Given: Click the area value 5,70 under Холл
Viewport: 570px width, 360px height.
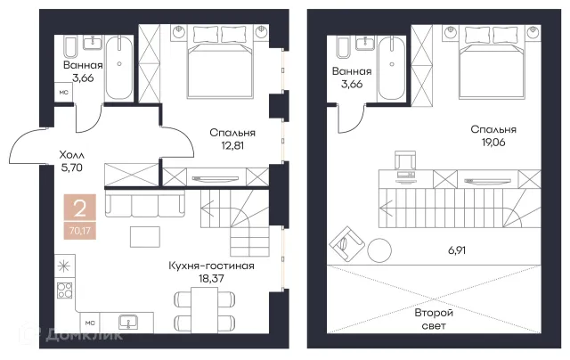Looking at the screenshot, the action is (x=72, y=168).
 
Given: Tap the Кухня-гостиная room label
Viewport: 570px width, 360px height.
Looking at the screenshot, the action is (x=211, y=266).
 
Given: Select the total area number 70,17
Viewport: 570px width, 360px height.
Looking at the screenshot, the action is (x=80, y=230).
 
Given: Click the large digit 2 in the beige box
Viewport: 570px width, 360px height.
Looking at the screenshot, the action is (x=80, y=208).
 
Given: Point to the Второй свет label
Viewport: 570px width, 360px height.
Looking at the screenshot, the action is (x=434, y=319).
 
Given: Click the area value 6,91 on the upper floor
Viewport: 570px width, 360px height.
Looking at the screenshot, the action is (x=457, y=250).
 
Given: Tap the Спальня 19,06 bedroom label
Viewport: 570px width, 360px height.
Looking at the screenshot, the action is (x=493, y=135).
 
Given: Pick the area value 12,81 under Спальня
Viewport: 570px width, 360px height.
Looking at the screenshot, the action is (x=232, y=145).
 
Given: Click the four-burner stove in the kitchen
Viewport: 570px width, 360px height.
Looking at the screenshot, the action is (x=64, y=290).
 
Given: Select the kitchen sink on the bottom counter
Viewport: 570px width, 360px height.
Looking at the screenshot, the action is (x=128, y=322).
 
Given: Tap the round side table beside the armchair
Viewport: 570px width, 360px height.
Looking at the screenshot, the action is (x=379, y=250).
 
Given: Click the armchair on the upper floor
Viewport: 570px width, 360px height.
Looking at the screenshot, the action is (x=347, y=243).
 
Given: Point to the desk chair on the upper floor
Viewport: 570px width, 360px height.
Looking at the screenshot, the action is (x=404, y=160).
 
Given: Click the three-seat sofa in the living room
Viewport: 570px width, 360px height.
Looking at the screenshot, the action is (x=145, y=205).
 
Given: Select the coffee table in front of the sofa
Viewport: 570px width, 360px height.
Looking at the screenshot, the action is (x=145, y=237).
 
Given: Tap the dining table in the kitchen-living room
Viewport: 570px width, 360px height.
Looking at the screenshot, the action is (x=204, y=310).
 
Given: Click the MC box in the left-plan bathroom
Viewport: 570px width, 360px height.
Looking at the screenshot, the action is (x=63, y=93).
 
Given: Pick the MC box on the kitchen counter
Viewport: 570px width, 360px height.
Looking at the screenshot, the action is (x=90, y=323).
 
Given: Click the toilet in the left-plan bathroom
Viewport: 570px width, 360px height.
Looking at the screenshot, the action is (x=70, y=46).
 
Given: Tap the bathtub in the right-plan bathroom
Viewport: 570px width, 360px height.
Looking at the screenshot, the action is (x=392, y=69).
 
